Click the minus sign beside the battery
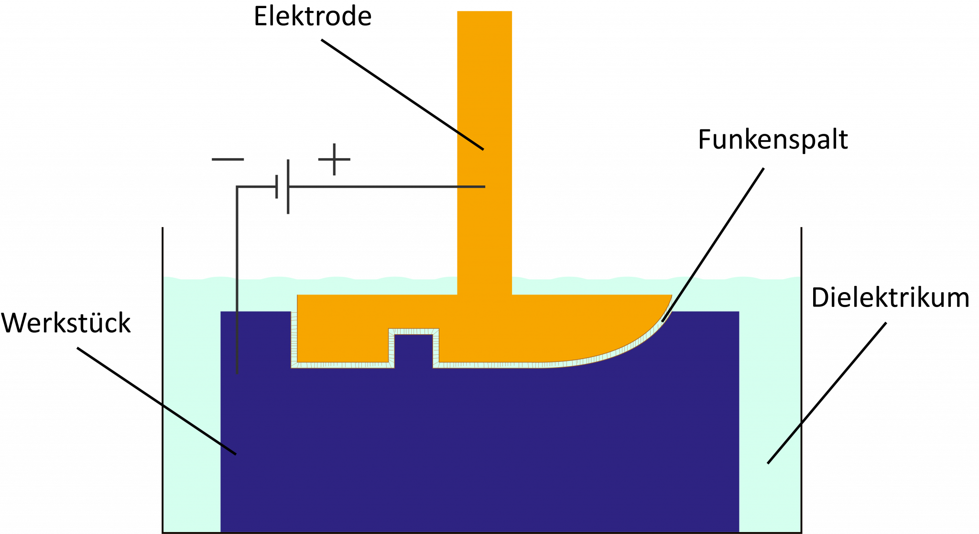click(x=228, y=159)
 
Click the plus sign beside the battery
click(x=334, y=159)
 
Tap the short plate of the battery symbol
click(x=276, y=186)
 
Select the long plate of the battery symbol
click(x=288, y=186)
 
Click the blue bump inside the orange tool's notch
click(x=413, y=349)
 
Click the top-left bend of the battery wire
click(x=238, y=187)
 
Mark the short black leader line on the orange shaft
click(x=470, y=140)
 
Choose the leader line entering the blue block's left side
click(x=199, y=430)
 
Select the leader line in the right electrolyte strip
click(x=784, y=443)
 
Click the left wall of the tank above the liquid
click(x=163, y=251)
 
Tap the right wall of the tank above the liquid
click(x=801, y=251)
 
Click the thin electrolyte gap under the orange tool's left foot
click(x=342, y=365)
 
